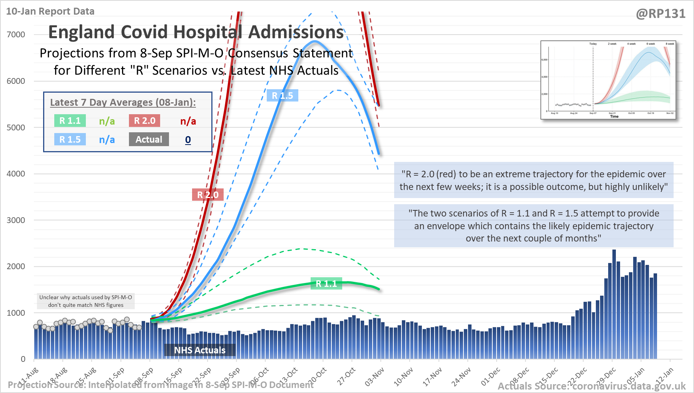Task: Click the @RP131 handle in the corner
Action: [661, 14]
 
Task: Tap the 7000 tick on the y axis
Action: [16, 35]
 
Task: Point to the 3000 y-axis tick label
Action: [16, 220]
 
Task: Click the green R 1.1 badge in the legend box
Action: [70, 121]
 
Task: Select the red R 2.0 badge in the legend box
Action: [144, 121]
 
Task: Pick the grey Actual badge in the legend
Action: [149, 139]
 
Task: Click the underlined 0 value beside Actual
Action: [188, 140]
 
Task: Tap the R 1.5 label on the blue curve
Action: [282, 95]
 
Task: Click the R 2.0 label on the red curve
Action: [207, 195]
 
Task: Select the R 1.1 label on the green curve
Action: [326, 284]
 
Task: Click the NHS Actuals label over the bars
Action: [200, 350]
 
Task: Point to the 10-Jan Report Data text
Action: [50, 11]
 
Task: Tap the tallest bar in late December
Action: [614, 304]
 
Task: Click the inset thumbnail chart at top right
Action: [608, 80]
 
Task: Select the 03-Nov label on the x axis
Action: [375, 376]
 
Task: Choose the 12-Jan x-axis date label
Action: [665, 376]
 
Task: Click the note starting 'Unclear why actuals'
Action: [86, 301]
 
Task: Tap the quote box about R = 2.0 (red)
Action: [533, 180]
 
